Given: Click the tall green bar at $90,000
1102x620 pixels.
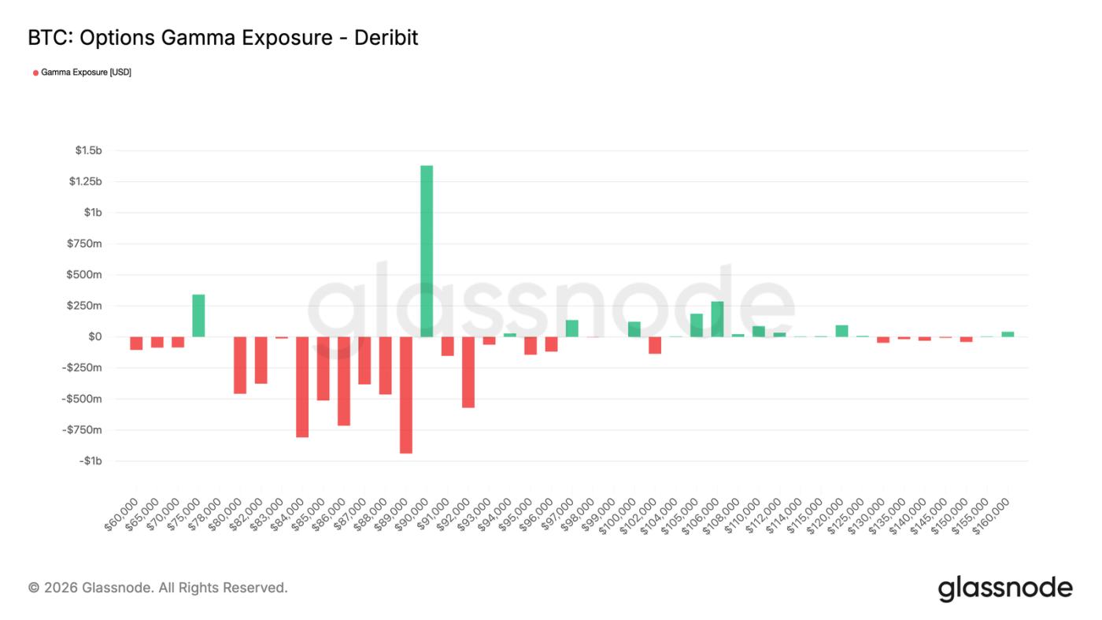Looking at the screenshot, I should pos(427,251).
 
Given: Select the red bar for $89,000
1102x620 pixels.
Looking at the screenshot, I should pos(405,395).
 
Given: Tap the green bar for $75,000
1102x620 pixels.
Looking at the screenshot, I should pos(198,315).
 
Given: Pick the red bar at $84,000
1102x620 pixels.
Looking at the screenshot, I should pos(302,387).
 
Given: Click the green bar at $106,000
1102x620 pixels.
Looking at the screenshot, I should pos(717,319).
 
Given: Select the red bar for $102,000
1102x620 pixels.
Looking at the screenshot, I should pos(655,345).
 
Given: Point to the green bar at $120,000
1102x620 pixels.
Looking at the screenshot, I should pos(841,331).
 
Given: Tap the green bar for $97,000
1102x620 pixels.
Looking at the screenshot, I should pos(571,329).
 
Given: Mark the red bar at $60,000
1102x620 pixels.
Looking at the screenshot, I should pos(136,343).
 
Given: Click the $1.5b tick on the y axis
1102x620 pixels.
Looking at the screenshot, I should pos(89,150).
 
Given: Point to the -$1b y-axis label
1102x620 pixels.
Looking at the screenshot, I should pos(91,461).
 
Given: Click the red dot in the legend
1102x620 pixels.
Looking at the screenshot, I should pos(35,72).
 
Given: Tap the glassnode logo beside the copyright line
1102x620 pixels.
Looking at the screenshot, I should pos(1005,588).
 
